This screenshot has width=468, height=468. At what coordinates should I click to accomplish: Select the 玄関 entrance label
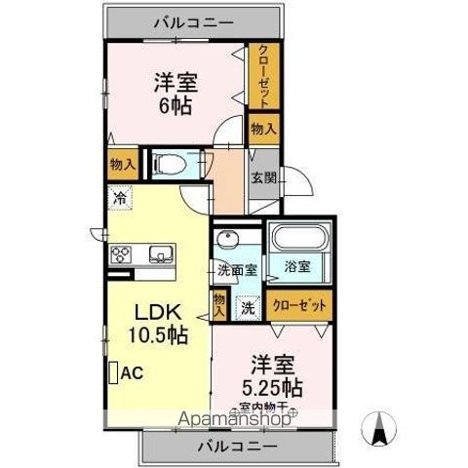pos(262,178)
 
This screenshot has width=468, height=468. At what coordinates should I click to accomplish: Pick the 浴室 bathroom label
pos(297,265)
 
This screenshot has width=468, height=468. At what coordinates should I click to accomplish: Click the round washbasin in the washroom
pos(229,241)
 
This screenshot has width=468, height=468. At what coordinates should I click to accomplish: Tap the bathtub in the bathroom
pos(297,240)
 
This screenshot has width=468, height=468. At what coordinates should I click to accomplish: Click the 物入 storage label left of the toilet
pos(122,165)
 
